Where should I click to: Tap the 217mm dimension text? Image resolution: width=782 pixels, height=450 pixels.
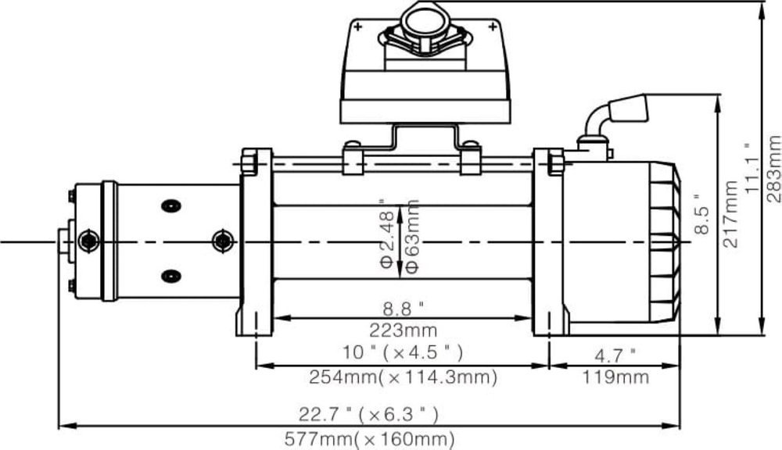[730, 214]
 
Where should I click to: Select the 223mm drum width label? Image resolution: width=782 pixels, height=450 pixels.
[403, 330]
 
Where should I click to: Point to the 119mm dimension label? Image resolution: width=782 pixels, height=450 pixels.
[615, 377]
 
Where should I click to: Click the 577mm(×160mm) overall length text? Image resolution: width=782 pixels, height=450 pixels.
[370, 440]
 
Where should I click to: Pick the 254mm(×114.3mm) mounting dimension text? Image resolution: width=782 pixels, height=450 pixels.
[403, 377]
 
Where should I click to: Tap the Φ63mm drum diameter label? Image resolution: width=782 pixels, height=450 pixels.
[412, 236]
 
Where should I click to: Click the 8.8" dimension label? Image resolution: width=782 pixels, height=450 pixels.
[403, 309]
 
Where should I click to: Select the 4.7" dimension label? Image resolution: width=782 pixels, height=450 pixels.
[615, 355]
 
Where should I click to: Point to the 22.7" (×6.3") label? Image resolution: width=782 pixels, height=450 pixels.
[368, 414]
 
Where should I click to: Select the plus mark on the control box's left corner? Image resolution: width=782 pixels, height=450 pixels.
[357, 27]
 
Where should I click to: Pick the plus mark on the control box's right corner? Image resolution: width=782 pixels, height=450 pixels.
[493, 27]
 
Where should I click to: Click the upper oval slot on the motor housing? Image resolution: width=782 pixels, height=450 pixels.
[171, 205]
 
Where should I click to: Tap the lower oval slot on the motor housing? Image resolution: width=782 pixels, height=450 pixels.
[171, 276]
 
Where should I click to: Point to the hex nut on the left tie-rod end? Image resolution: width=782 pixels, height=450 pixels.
[248, 164]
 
